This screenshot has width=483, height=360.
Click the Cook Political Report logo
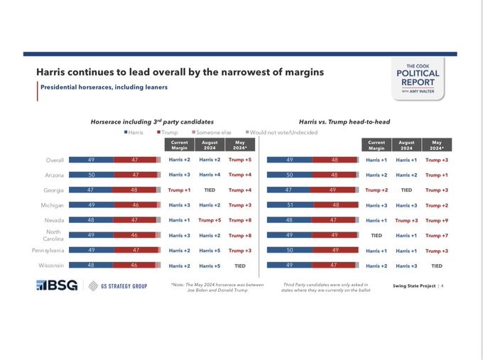[418, 79]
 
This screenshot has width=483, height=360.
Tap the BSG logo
[57, 285]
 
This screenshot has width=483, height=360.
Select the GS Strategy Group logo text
[124, 286]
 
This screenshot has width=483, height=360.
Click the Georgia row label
[53, 190]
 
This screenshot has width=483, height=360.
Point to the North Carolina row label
[53, 235]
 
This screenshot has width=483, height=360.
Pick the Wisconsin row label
[51, 265]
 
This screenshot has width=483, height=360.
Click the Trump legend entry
[167, 132]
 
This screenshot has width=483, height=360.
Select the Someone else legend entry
[212, 132]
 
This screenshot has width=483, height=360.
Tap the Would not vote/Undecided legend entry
[281, 132]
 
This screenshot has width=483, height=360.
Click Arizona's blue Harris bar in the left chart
[92, 175]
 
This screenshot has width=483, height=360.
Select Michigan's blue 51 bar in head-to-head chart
[291, 204]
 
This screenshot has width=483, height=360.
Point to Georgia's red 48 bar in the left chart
[134, 190]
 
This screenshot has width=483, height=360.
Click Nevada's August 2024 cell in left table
[210, 220]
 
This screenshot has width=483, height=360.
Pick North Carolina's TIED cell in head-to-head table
[376, 235]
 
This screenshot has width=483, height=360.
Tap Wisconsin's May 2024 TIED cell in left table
[240, 266]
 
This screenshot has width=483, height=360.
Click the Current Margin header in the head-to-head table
[376, 145]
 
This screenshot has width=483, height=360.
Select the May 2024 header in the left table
[240, 145]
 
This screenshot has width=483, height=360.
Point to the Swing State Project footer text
[414, 285]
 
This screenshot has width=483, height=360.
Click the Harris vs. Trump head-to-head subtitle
[344, 122]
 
